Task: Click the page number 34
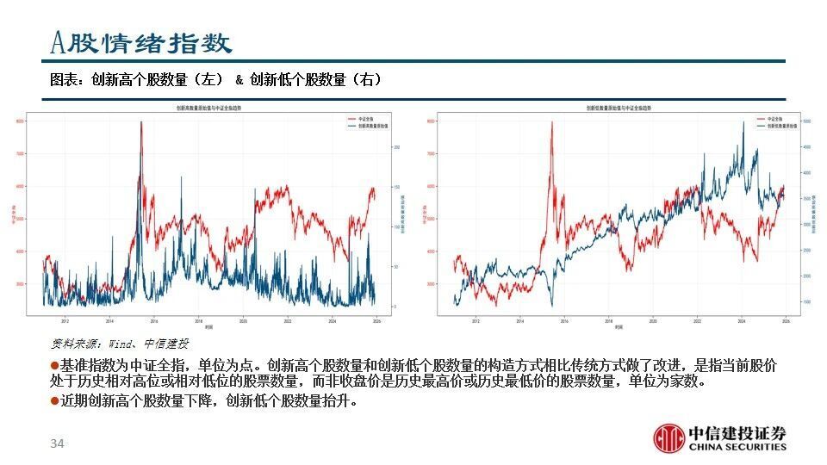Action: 58,443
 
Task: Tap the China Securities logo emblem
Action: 668,437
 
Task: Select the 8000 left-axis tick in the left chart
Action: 20,121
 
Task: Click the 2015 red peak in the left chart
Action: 140,122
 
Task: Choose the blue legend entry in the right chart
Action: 774,125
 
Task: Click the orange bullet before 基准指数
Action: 53,366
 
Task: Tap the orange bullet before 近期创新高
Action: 53,401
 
